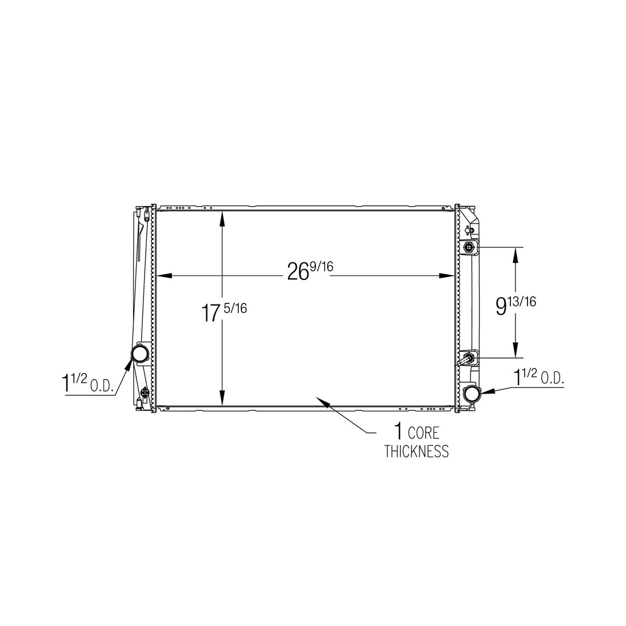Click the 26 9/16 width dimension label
(310, 271)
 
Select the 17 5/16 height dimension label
(224, 312)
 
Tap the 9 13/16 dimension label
(516, 306)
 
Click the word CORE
(423, 433)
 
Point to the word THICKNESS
(417, 451)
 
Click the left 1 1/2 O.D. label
(88, 383)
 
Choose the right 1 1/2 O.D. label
(538, 377)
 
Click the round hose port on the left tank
(140, 353)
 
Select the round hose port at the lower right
(472, 394)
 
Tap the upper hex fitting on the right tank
(468, 248)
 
